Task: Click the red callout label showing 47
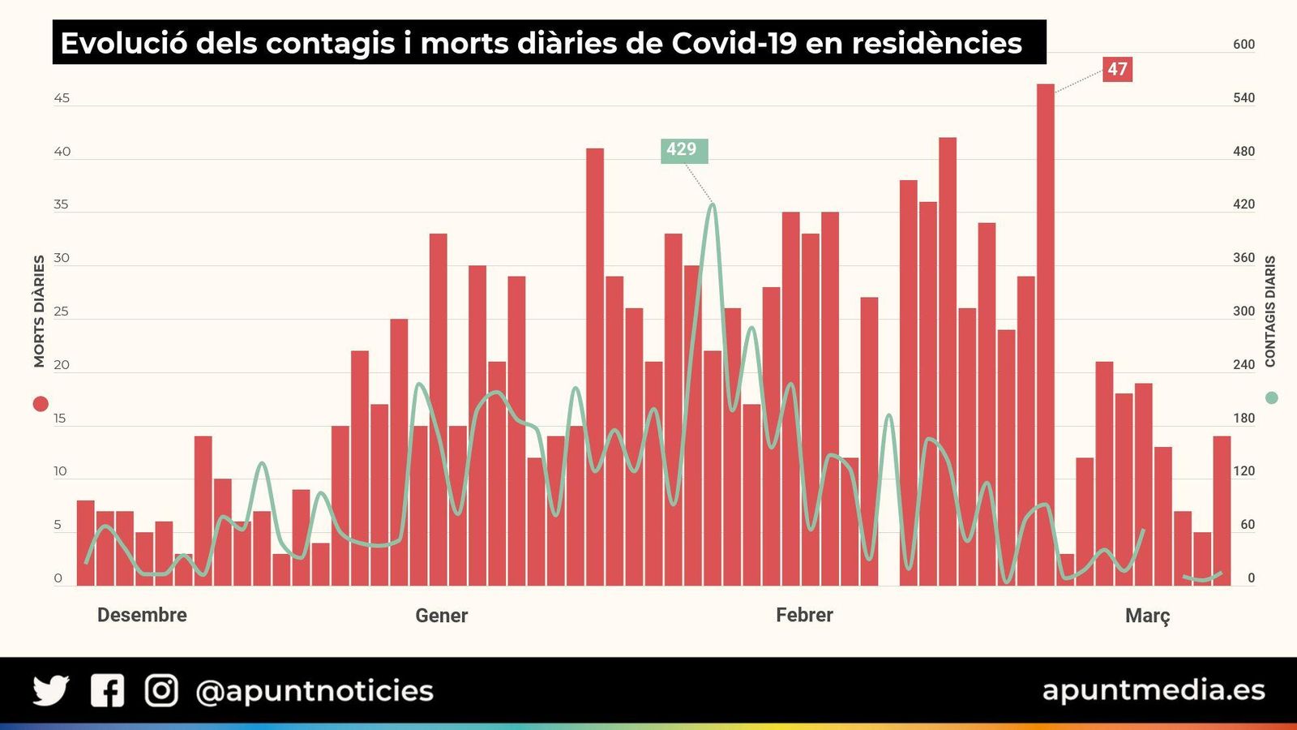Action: [x=1117, y=69]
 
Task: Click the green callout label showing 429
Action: [x=683, y=150]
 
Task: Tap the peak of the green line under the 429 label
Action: [x=713, y=205]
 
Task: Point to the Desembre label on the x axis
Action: [x=142, y=615]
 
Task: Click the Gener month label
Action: [x=441, y=616]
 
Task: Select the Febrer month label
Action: [x=804, y=615]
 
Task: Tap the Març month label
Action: [x=1147, y=616]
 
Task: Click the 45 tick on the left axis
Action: [x=62, y=98]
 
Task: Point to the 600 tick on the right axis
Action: [x=1243, y=45]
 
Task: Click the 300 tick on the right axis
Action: [x=1243, y=311]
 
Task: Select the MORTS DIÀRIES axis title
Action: [x=39, y=311]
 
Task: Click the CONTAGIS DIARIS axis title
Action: [x=1270, y=311]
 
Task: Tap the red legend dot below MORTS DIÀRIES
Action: [x=40, y=403]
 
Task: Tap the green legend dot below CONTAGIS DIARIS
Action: [x=1271, y=397]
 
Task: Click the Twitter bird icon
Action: [x=51, y=690]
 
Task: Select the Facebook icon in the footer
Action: [x=107, y=690]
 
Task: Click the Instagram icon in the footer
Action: [x=161, y=690]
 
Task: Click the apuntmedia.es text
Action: [x=1153, y=689]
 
